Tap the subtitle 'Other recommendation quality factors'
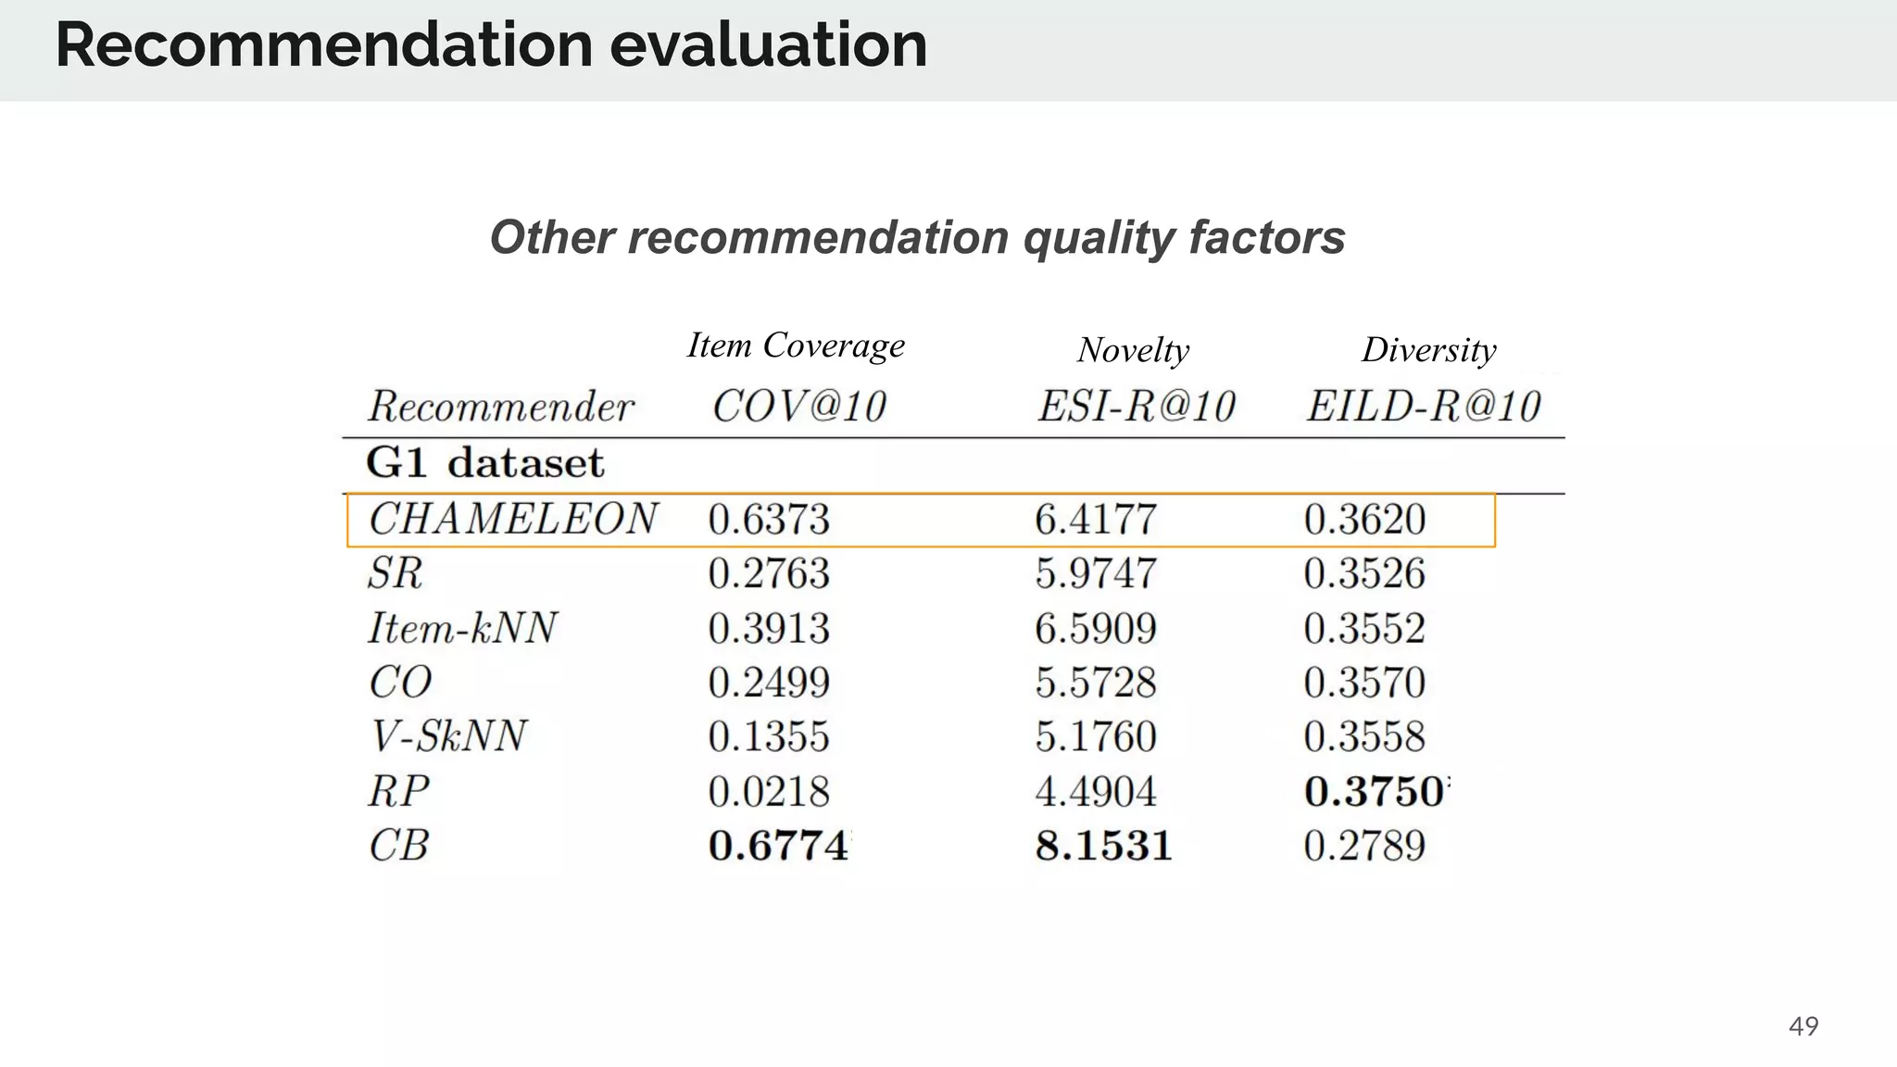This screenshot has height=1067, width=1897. click(x=917, y=237)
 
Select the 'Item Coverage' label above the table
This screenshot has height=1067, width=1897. click(x=796, y=345)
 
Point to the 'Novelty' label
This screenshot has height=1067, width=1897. click(x=1133, y=350)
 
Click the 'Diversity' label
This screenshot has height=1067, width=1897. click(x=1428, y=350)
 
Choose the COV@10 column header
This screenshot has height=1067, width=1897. click(x=798, y=407)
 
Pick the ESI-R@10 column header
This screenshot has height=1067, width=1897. click(x=1137, y=407)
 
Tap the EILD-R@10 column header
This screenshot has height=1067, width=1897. click(x=1423, y=407)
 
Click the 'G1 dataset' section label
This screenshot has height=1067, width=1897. click(x=484, y=463)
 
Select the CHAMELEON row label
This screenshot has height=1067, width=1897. click(x=512, y=519)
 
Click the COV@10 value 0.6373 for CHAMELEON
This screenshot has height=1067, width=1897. click(x=769, y=520)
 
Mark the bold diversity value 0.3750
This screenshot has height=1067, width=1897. click(x=1374, y=792)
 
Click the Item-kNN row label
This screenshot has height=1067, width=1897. click(x=462, y=628)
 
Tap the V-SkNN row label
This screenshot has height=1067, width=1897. click(x=448, y=736)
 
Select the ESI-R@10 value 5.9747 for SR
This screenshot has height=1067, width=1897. click(x=1096, y=574)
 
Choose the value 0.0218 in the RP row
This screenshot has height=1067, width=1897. click(x=769, y=792)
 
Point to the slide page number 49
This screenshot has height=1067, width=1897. click(x=1803, y=1026)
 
